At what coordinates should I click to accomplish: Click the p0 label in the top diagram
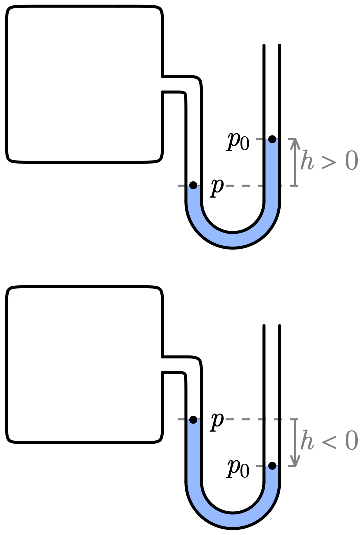(x=238, y=141)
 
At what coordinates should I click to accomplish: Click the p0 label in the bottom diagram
(x=238, y=468)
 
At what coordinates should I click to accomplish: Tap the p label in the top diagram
(x=217, y=187)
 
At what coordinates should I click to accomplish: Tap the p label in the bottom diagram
(x=217, y=421)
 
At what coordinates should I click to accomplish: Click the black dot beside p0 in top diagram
(x=272, y=139)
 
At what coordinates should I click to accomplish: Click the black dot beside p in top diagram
(x=193, y=185)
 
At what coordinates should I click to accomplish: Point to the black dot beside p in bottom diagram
(x=193, y=419)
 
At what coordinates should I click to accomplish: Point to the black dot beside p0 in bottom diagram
(x=272, y=466)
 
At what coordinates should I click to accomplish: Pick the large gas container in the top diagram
(x=84, y=84)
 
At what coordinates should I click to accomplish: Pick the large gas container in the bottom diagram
(x=84, y=364)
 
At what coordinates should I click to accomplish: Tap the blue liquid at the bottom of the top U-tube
(x=232, y=240)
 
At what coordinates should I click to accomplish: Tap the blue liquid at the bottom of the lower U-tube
(x=232, y=520)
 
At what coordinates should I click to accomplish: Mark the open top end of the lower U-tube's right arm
(x=271, y=327)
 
